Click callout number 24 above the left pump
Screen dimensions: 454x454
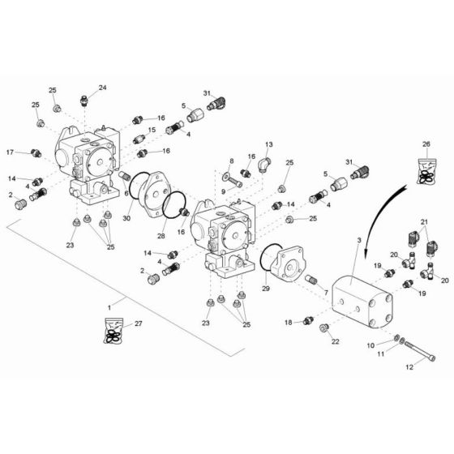click(x=102, y=88)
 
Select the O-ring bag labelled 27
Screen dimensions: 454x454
click(x=113, y=331)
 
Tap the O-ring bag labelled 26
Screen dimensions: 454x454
click(x=426, y=171)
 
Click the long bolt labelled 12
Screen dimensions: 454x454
click(x=420, y=351)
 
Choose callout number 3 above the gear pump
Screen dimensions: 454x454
click(x=359, y=240)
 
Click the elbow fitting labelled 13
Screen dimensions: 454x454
click(x=264, y=164)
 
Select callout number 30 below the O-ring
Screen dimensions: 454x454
click(x=126, y=218)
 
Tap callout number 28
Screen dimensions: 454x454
click(x=161, y=236)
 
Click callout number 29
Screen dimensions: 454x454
click(x=266, y=289)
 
